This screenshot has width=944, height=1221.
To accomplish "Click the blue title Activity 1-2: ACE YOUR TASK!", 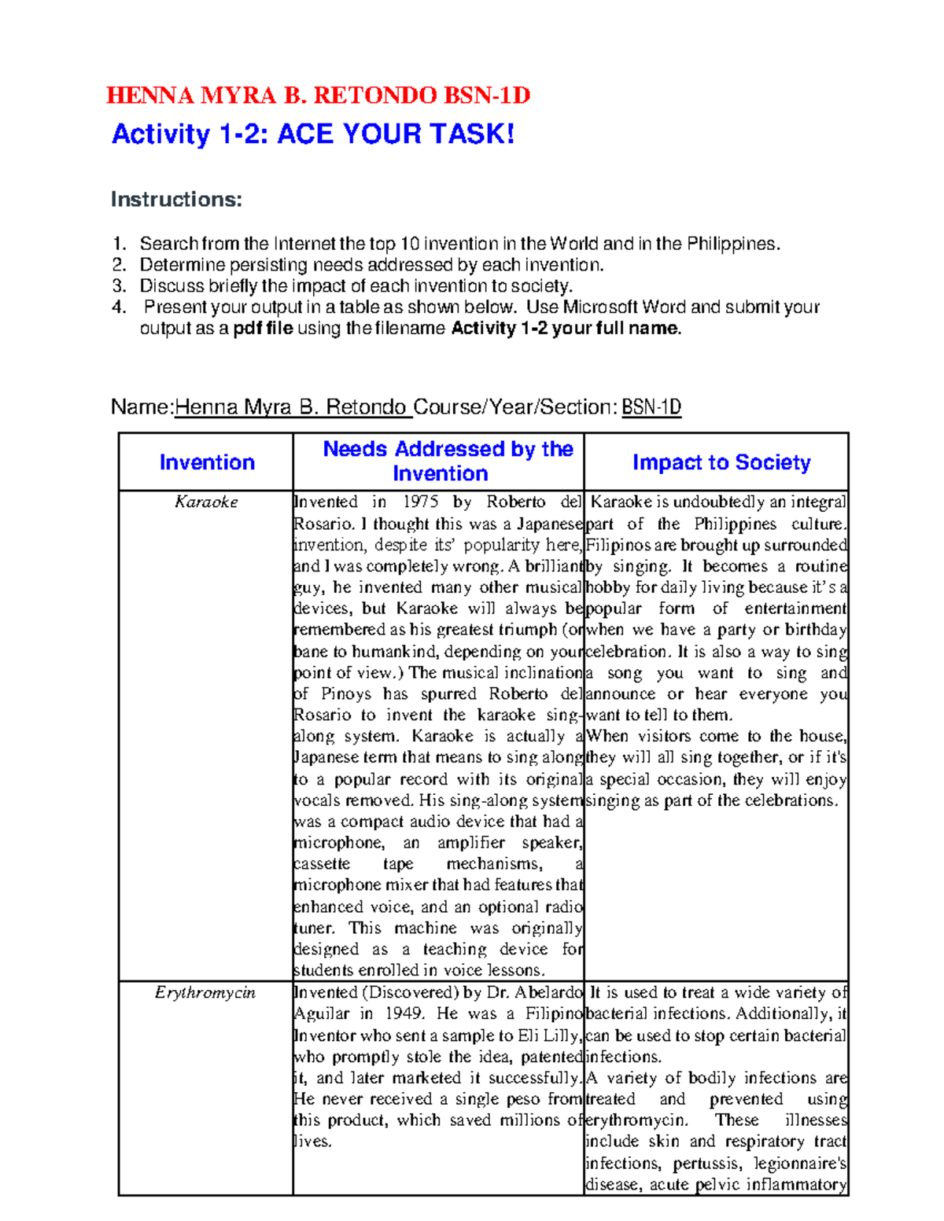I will point(313,134).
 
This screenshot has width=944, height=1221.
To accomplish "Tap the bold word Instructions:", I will point(176,200).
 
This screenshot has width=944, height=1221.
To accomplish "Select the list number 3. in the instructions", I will point(119,286).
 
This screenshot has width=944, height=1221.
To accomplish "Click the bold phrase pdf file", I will point(263,329).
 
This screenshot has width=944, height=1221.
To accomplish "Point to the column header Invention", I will point(207,462).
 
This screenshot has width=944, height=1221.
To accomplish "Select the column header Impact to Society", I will point(721,462).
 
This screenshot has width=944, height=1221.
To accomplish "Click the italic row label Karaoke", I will point(206,502).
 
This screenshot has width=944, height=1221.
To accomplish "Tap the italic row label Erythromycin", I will point(205,993).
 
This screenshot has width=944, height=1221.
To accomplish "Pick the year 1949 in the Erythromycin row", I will point(403,1014).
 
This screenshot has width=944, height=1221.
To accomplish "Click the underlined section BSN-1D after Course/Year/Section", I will point(651,407).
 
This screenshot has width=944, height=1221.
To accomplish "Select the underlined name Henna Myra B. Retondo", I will point(290,407).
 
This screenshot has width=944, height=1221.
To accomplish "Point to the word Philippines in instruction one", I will point(732,244).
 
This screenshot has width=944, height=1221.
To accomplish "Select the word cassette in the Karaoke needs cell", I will point(322,864).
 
